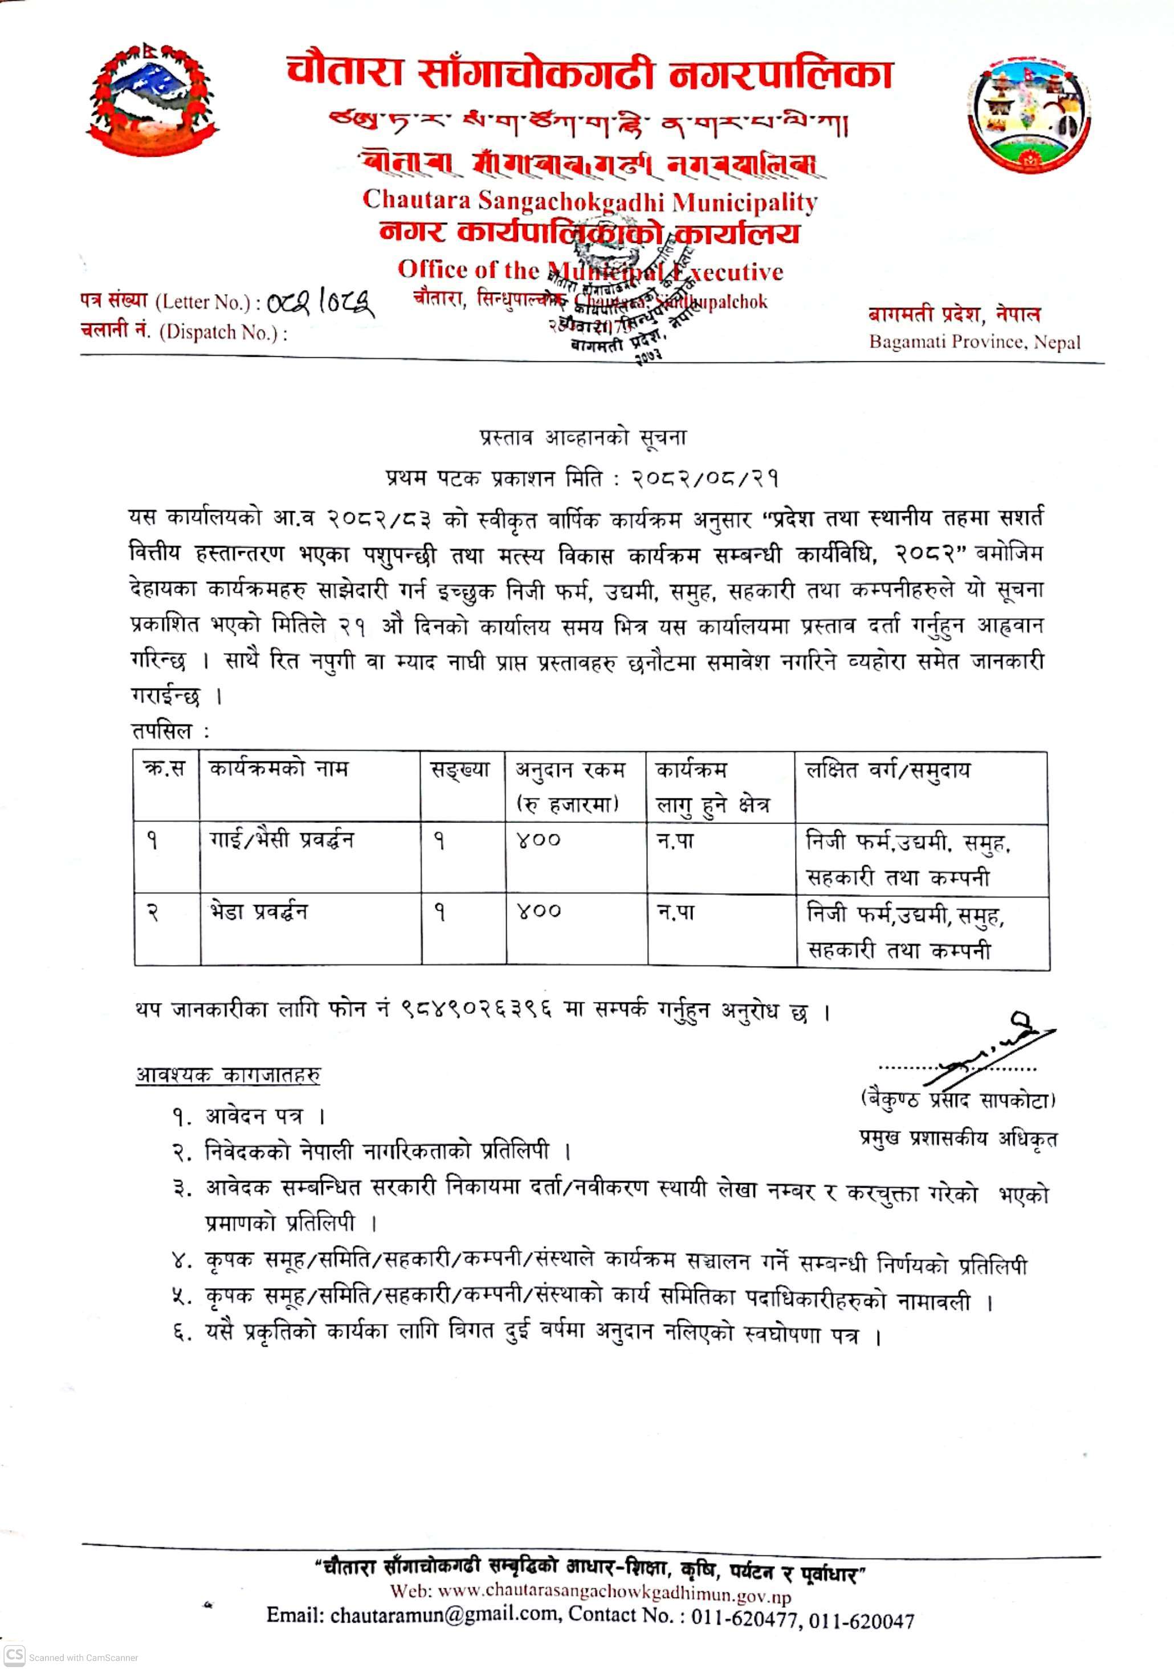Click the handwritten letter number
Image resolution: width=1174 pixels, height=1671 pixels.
click(x=320, y=300)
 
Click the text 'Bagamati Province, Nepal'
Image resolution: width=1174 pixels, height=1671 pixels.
click(x=975, y=342)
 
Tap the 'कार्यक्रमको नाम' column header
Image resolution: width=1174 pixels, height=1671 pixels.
click(x=278, y=769)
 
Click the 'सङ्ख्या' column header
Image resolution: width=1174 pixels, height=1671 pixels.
click(x=460, y=769)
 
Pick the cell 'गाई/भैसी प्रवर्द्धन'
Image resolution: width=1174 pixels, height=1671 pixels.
click(x=281, y=840)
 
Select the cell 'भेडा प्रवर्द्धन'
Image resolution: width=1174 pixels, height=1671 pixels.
click(x=258, y=911)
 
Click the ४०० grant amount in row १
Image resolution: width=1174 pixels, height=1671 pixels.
click(x=539, y=840)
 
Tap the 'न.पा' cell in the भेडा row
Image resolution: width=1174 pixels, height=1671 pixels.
click(x=675, y=911)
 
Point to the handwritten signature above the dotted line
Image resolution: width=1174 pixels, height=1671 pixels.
click(x=997, y=1048)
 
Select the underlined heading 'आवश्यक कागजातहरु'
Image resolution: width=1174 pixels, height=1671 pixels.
click(x=228, y=1074)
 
